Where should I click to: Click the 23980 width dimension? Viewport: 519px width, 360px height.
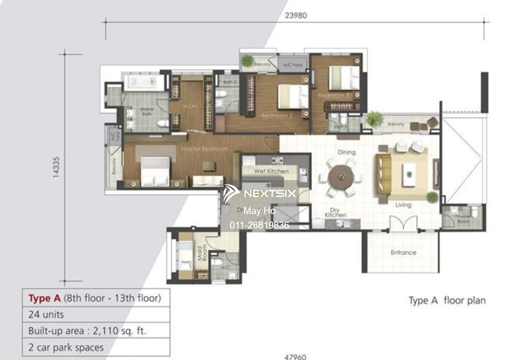point(295,16)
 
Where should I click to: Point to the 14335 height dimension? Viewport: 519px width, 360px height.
point(56,168)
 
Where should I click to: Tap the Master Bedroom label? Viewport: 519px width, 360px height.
point(204,149)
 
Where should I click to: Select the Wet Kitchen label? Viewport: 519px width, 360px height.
point(271,171)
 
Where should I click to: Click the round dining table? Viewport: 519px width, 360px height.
point(342,177)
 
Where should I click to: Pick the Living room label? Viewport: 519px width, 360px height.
point(403,205)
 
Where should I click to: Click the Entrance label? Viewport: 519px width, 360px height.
point(403,253)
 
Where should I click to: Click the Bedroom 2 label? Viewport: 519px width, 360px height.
point(277,116)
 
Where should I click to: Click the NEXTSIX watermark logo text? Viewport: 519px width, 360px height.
point(270,193)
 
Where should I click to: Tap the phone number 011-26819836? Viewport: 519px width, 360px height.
point(259,225)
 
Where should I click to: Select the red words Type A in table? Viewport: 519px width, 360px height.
point(44,298)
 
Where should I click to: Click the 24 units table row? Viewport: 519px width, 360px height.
point(46,315)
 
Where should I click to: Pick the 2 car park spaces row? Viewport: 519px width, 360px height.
point(66,348)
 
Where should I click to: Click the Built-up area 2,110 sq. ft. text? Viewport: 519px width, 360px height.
point(87,331)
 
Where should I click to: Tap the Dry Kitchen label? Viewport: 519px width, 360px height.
point(335,213)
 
